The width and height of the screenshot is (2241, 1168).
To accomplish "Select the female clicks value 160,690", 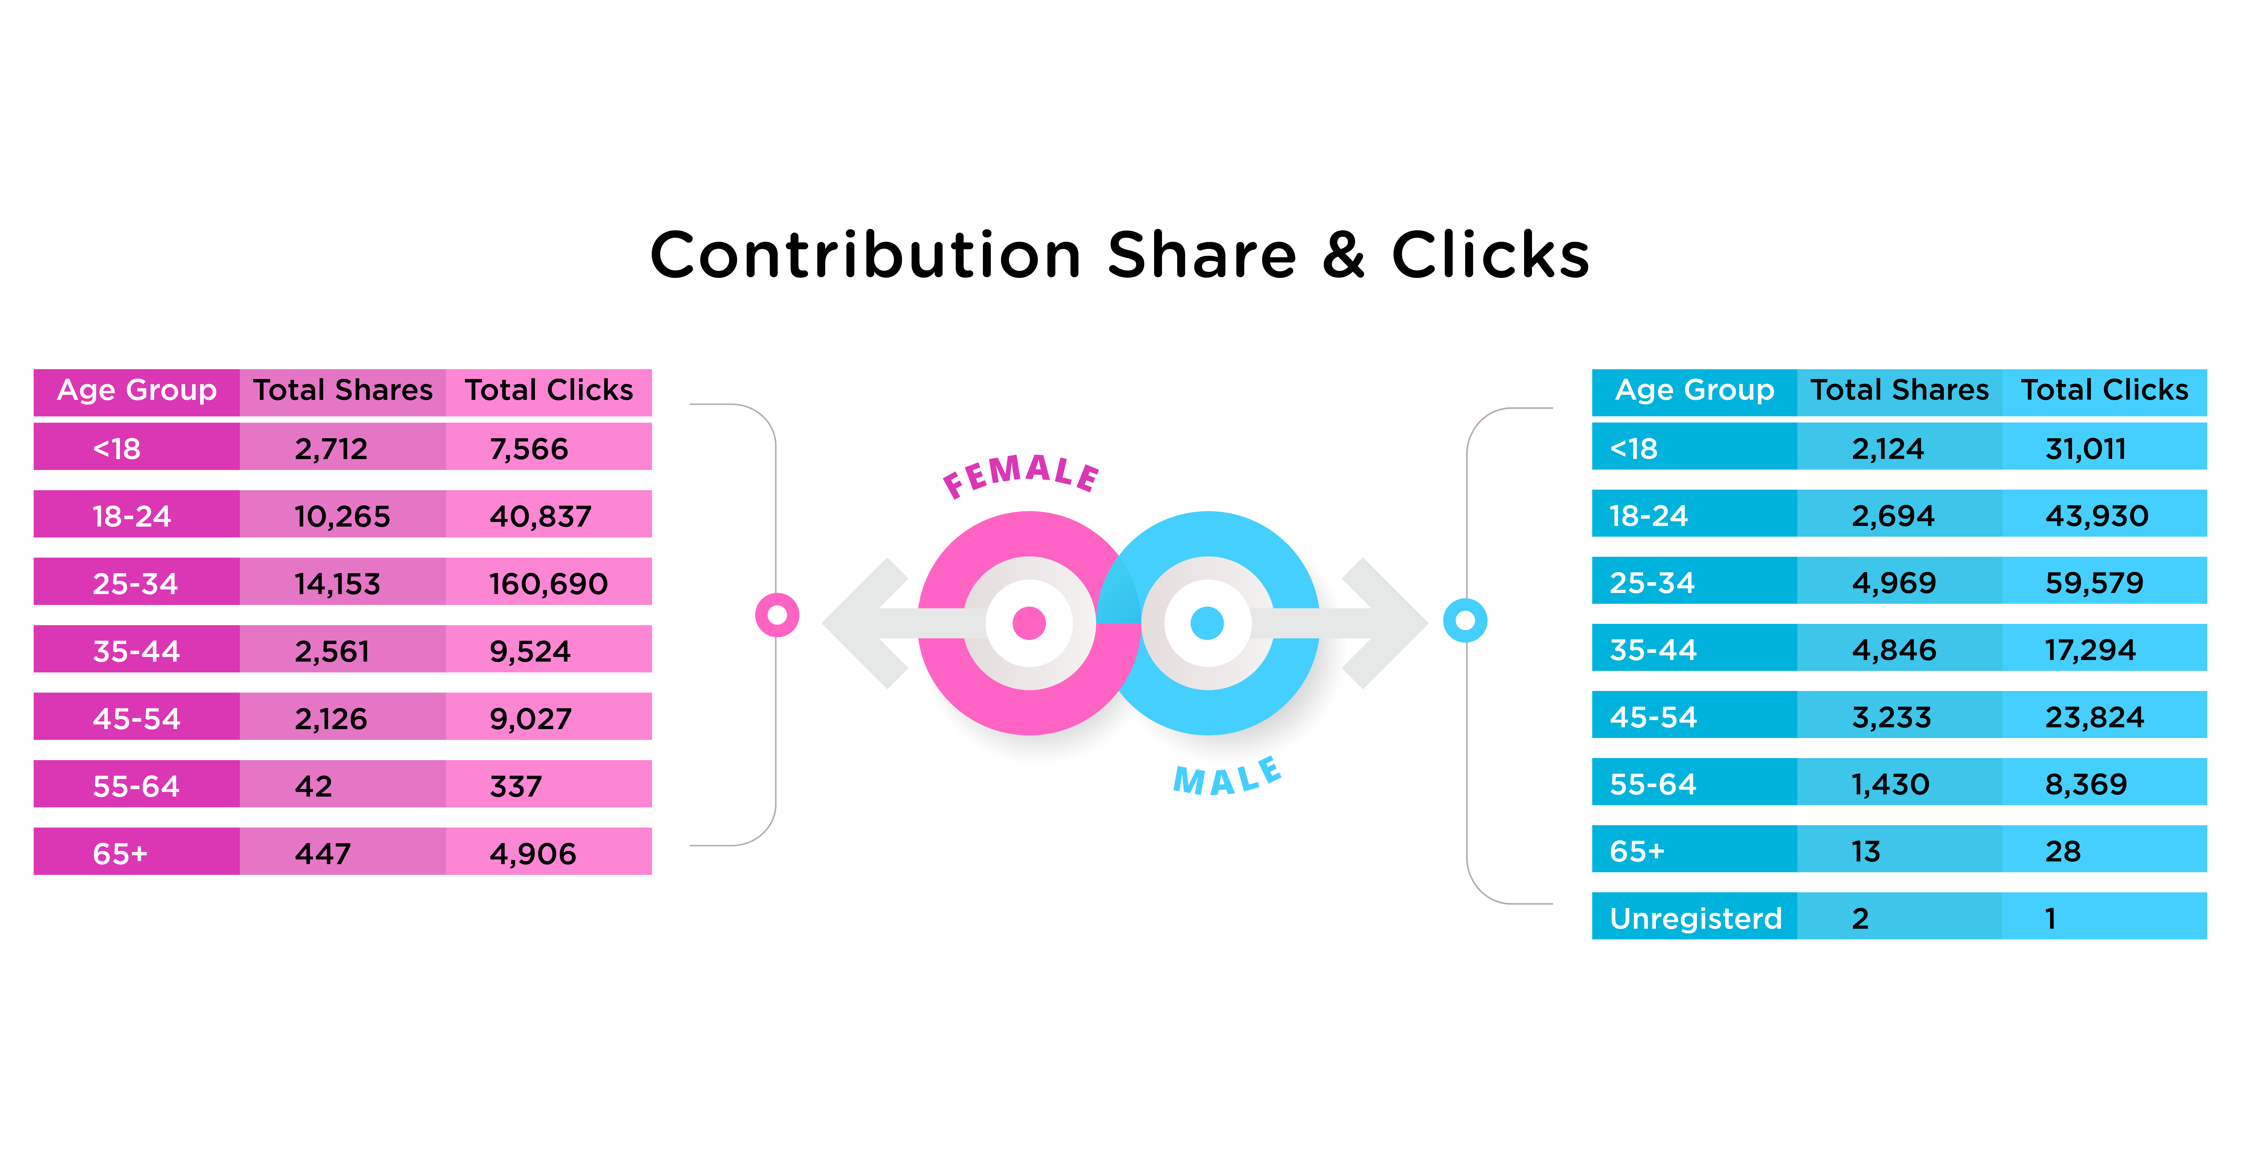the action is point(548,583).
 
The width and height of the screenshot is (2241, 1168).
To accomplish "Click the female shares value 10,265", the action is point(342,516).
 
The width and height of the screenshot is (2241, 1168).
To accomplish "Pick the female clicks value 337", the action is point(516,786).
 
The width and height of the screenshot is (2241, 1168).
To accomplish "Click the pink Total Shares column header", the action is point(343,390).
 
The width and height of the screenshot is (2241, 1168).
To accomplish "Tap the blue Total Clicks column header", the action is point(2105,390).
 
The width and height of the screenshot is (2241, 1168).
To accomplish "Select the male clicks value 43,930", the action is point(2097,516).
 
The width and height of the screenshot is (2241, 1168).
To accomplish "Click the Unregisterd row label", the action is point(1696,918).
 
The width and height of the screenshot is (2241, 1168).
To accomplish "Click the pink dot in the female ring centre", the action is point(1029,623).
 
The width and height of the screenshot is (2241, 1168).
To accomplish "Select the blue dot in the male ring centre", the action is point(1207,623).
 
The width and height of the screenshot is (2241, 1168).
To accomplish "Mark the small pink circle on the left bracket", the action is point(777,615).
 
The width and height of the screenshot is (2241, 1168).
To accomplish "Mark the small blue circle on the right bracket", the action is point(1465,621).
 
